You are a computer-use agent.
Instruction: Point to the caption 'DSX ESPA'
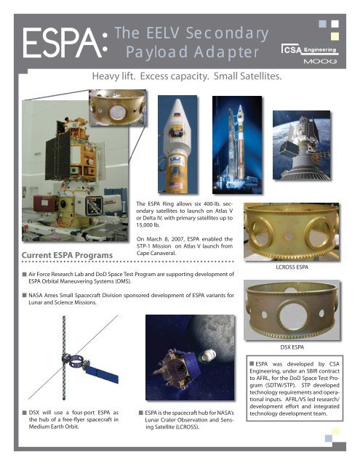coord(292,347)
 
